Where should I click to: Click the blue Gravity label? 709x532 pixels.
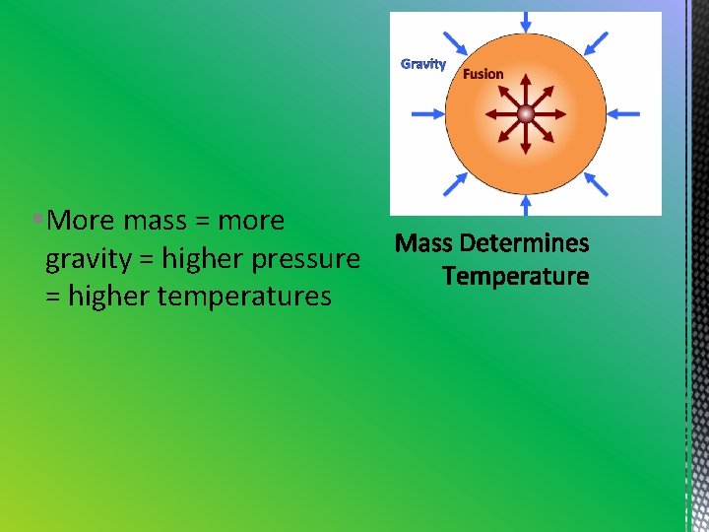(422, 64)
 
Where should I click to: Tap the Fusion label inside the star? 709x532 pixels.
(483, 74)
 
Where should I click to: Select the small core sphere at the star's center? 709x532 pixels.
(526, 114)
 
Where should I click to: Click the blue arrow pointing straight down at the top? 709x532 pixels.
(526, 22)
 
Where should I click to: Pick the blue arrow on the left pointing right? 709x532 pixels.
(427, 114)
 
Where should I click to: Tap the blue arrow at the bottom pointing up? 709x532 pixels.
(526, 204)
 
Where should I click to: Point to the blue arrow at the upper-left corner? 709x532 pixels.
(455, 43)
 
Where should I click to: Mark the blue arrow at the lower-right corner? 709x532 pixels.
(597, 184)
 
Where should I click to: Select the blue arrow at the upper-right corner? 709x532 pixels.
(597, 43)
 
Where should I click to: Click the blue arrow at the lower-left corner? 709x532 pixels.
(455, 184)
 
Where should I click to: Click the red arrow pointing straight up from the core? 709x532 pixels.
(526, 89)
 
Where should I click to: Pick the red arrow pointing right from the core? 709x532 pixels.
(551, 114)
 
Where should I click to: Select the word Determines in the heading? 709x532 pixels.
(524, 243)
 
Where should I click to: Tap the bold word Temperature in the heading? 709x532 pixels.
(515, 277)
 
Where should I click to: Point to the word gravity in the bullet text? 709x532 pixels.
(90, 259)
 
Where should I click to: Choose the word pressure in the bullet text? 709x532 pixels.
(307, 259)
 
